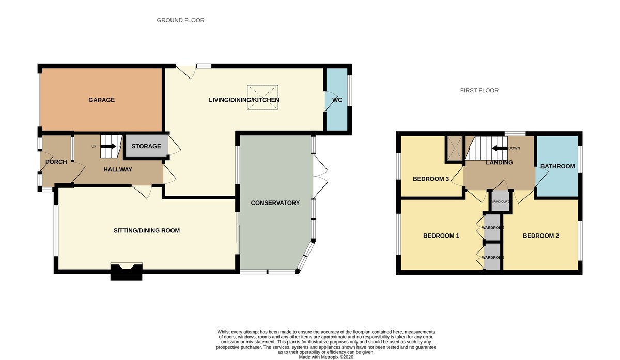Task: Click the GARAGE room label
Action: (101, 100)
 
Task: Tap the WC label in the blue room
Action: (337, 100)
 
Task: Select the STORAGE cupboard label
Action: (146, 147)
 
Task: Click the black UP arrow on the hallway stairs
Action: (108, 146)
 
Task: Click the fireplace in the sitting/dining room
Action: (127, 271)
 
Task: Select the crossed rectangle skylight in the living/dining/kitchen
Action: (262, 97)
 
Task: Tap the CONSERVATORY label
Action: (275, 203)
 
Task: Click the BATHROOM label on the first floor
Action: (557, 166)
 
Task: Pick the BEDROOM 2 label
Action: (540, 236)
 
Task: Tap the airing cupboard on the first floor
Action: (500, 201)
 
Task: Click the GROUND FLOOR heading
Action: (181, 20)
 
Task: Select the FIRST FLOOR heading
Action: (479, 90)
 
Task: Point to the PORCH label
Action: (56, 162)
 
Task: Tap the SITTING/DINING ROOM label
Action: (147, 230)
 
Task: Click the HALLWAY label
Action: (118, 170)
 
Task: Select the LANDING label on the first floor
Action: (500, 163)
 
